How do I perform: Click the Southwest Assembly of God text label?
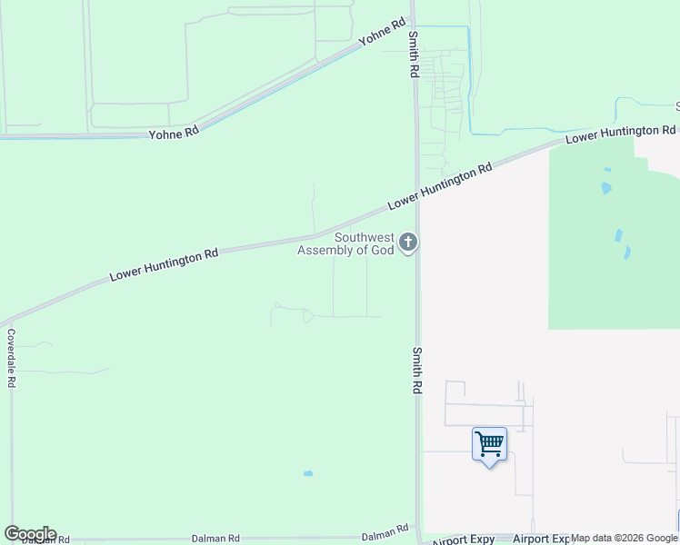(346, 243)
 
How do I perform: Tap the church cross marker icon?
(408, 243)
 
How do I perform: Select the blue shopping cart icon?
(489, 444)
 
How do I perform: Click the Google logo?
(30, 534)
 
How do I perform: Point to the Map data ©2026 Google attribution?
(625, 538)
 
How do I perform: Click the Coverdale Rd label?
(11, 358)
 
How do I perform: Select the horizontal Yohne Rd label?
(174, 133)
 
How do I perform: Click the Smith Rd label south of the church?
(417, 369)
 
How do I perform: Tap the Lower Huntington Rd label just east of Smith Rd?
(440, 187)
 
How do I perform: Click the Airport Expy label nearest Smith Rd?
(463, 540)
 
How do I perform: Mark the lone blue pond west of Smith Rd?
(308, 473)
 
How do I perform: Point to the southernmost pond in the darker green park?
(627, 253)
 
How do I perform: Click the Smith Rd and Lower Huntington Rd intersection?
(417, 203)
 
